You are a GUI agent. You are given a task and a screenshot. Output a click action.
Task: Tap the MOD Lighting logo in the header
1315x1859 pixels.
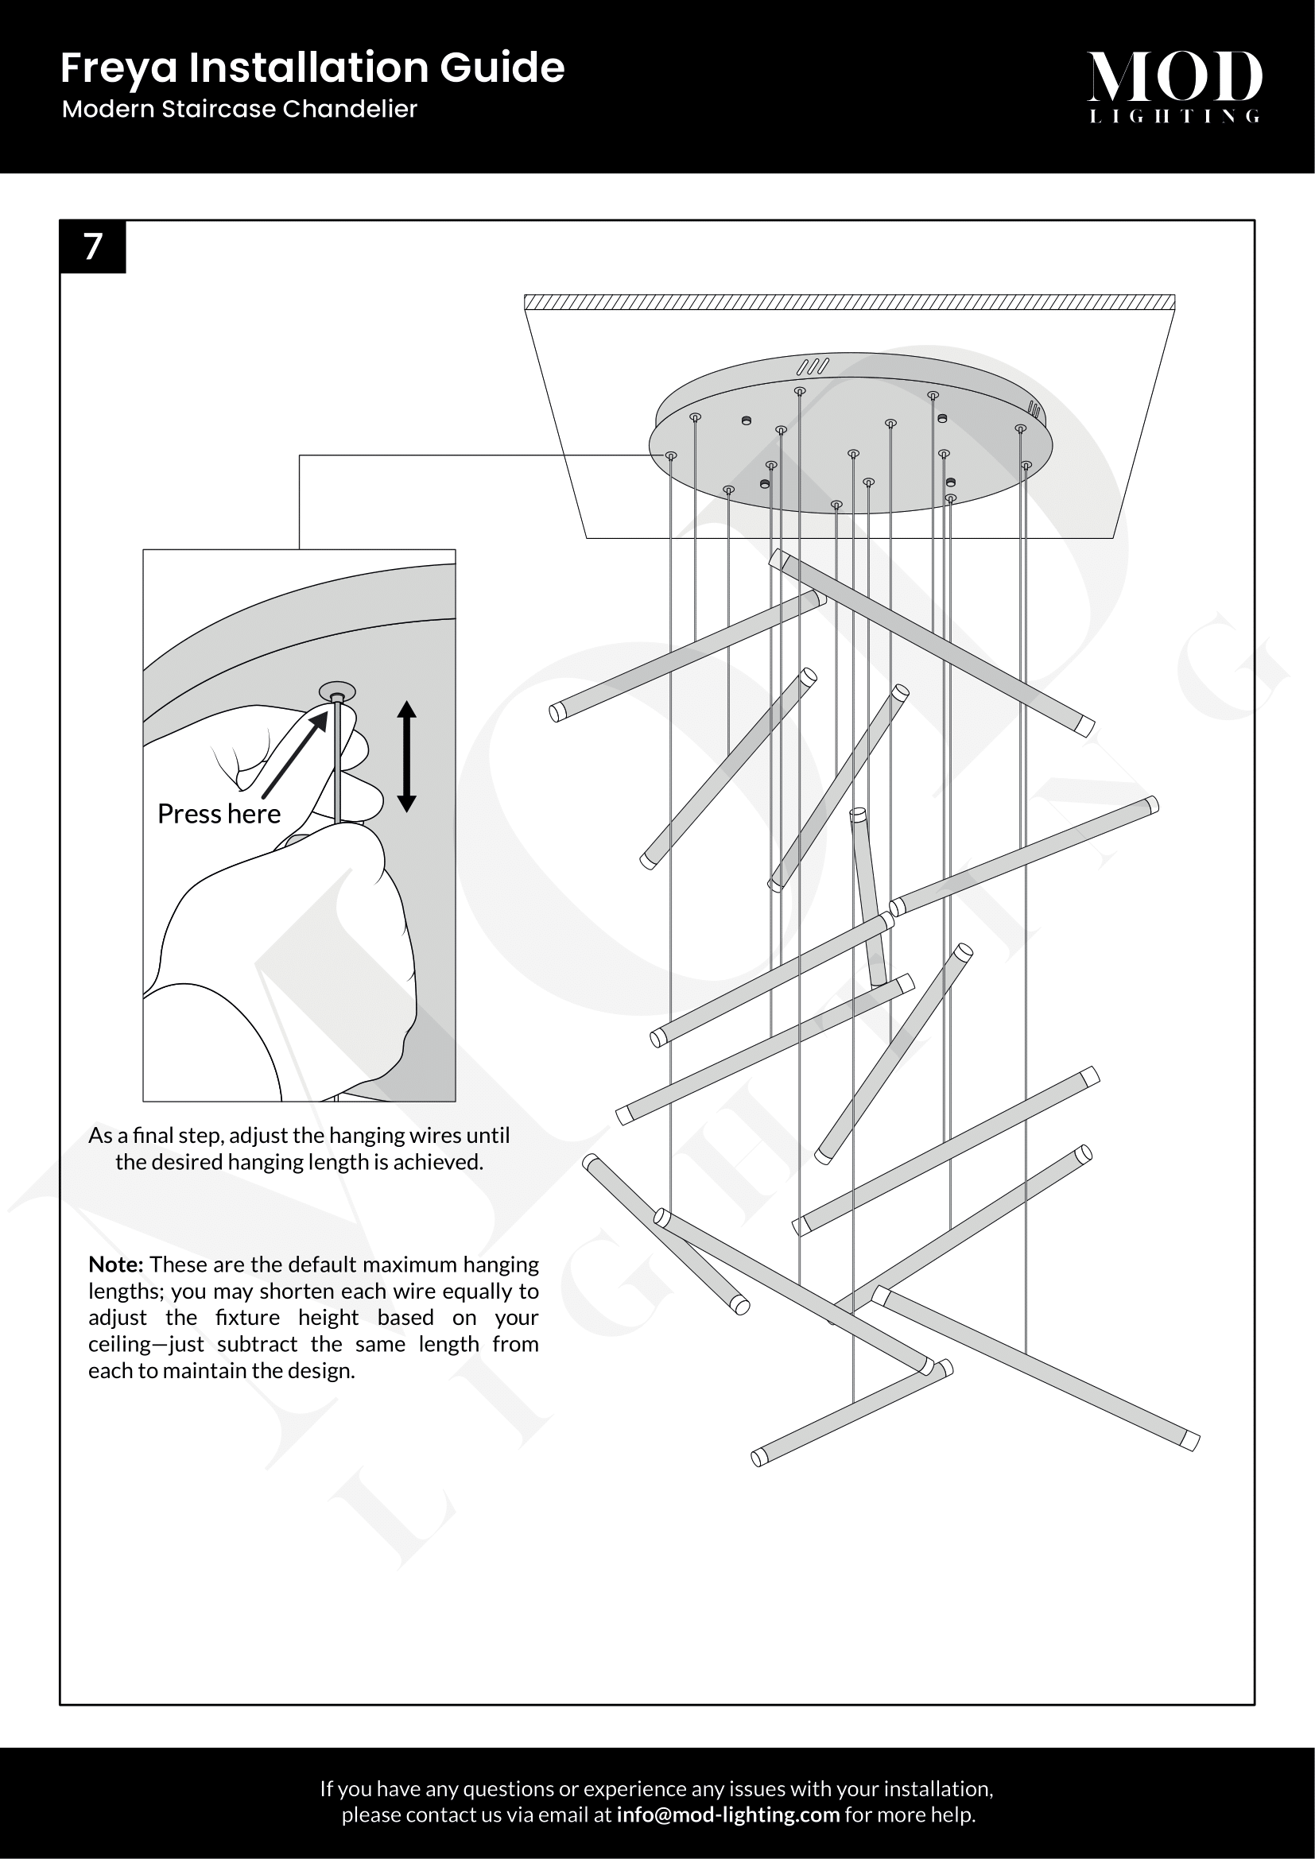tap(1173, 86)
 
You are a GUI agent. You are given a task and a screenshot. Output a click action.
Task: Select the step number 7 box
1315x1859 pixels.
tap(93, 247)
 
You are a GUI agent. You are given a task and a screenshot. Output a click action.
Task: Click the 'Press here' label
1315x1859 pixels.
tap(219, 814)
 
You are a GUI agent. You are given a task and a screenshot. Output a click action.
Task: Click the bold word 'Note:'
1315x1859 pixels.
tap(116, 1265)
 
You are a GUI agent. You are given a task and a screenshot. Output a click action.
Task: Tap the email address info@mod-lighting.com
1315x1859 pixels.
tap(727, 1814)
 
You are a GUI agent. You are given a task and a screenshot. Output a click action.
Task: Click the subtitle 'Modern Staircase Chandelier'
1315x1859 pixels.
tap(239, 110)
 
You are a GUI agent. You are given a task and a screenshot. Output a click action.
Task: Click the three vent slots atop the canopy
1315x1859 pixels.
tap(813, 366)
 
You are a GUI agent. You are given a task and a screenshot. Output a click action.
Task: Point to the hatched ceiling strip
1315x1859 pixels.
tap(849, 303)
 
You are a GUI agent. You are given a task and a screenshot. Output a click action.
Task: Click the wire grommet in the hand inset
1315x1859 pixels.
tap(337, 693)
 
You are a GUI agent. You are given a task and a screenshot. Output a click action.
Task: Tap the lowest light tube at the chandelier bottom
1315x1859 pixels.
tap(851, 1414)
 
